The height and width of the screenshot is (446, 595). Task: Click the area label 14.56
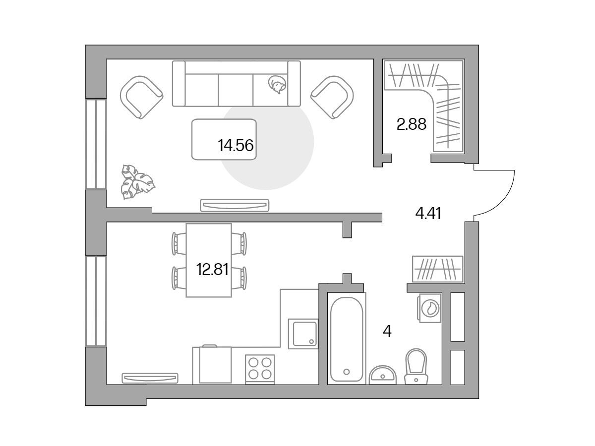point(236,145)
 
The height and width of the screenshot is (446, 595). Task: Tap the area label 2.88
point(411,124)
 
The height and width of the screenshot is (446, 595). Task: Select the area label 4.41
point(428,213)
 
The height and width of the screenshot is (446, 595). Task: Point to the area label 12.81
point(212,270)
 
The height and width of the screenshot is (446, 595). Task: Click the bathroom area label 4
point(387,331)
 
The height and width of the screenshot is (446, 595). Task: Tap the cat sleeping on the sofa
point(277,84)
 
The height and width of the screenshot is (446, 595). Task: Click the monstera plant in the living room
point(137,182)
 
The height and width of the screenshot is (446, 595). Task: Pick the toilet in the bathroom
point(416,366)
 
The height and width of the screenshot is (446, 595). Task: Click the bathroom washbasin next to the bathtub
point(382,375)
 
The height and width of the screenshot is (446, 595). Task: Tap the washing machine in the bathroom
point(430,308)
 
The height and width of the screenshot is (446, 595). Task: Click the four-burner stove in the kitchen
point(260,369)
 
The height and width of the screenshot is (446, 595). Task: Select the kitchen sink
point(303,334)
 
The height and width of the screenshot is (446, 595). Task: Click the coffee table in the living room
point(224,139)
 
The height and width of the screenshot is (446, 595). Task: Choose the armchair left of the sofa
point(141,97)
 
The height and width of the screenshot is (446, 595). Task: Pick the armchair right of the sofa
point(332,97)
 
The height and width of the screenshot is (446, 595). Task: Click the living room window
point(96,144)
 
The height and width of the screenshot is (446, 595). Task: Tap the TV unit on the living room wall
point(235,205)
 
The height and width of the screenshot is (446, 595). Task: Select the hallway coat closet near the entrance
point(437,269)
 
